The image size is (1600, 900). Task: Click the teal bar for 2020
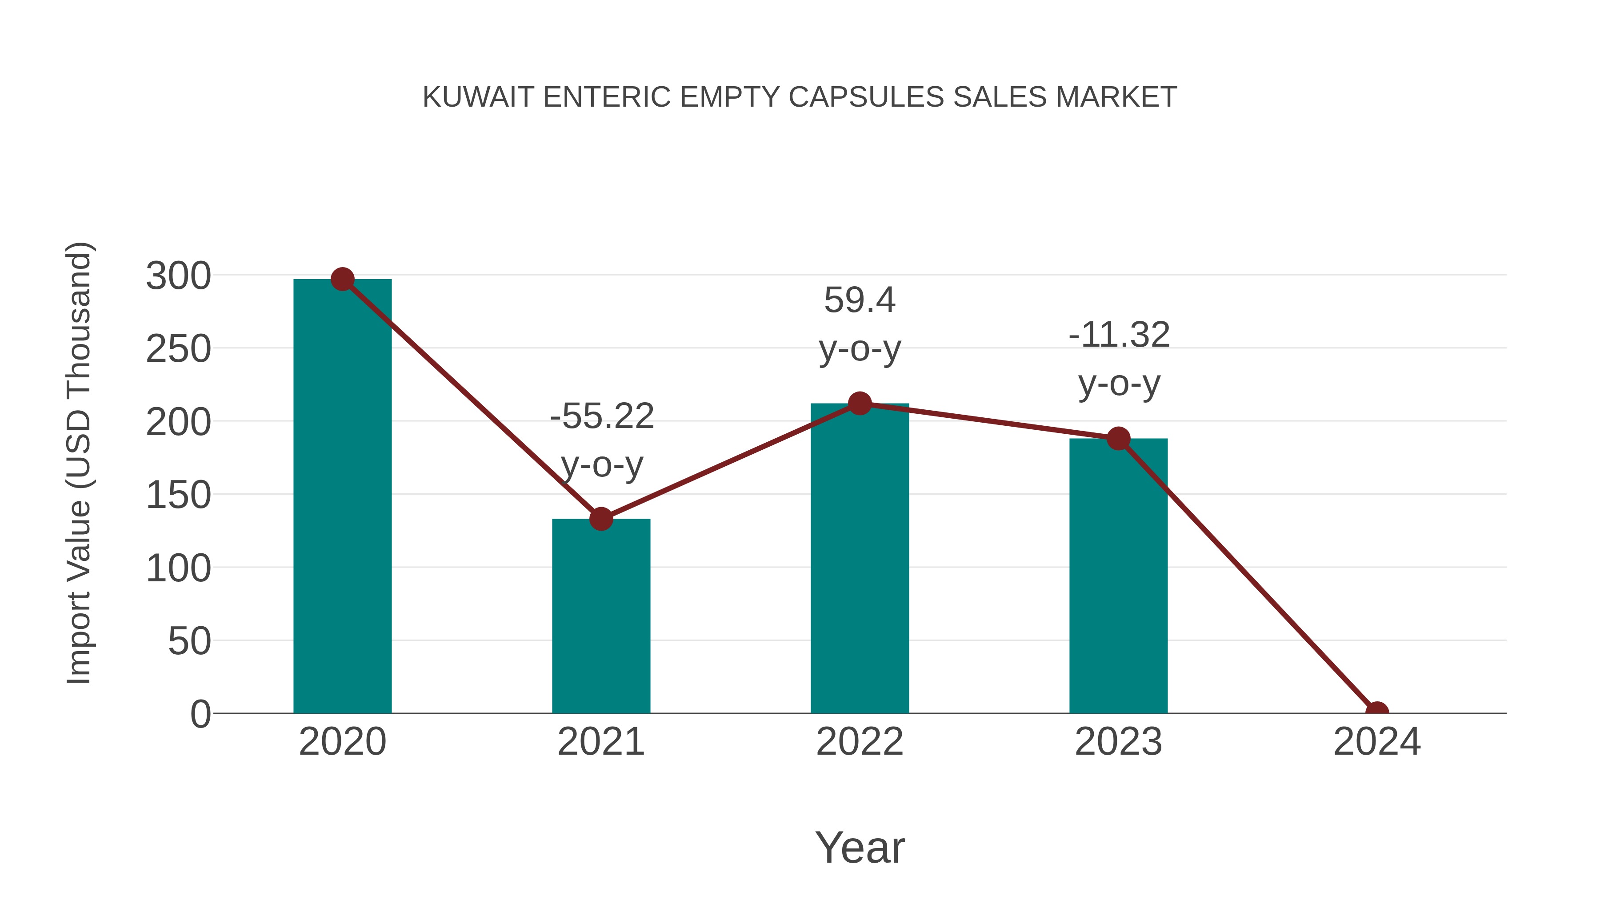coord(342,497)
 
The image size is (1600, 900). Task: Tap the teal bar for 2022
coord(860,559)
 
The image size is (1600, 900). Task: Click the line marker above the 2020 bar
coord(342,280)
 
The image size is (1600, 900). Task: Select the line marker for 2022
coord(860,404)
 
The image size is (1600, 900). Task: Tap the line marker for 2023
coord(1118,439)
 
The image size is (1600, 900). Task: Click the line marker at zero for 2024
coord(1377,712)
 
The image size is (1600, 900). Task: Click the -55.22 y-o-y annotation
coord(602,440)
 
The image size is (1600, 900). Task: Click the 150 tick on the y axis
coord(178,495)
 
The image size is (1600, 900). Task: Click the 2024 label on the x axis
coord(1377,742)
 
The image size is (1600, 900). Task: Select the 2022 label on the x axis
coord(860,742)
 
